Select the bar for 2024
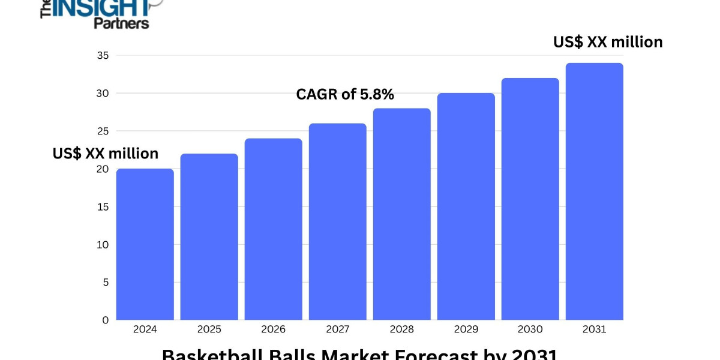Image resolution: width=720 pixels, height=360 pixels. pos(145,244)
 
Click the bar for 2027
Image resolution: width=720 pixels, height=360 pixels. pos(337,221)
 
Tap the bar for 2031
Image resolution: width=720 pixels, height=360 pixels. pos(594,191)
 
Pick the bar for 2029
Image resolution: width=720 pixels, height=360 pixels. pos(466,206)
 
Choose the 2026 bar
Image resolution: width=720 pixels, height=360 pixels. pos(273,229)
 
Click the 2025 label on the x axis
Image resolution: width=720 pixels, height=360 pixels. pos(209,329)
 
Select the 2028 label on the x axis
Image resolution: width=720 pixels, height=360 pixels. pos(401,329)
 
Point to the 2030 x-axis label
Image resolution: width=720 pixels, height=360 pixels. pos(530,329)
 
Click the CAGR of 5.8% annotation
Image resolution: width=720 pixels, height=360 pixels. pos(345,94)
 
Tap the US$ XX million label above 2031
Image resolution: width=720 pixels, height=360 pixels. pos(608,42)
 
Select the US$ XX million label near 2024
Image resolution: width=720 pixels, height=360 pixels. pos(106,154)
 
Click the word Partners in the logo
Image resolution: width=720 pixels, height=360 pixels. pos(121,23)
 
